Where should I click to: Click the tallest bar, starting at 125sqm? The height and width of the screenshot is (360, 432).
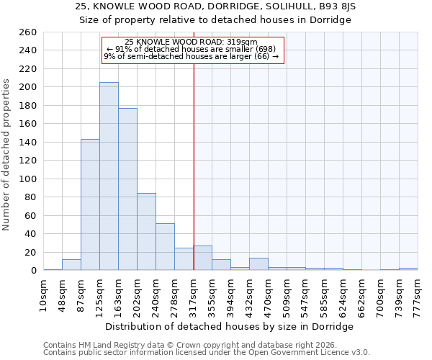coord(109,176)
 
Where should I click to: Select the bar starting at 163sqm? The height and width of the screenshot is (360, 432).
coord(127,189)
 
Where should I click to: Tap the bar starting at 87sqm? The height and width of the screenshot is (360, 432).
coord(90,204)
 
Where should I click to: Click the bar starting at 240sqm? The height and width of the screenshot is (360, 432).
coord(165,247)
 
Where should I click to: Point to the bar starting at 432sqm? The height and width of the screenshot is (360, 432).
coord(258,264)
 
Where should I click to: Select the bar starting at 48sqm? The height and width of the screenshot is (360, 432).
coord(71,265)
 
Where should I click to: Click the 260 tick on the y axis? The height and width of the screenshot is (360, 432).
coord(28,32)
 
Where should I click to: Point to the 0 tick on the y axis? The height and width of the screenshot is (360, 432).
coord(34,271)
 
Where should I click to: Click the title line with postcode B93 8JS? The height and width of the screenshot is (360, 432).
coord(215,6)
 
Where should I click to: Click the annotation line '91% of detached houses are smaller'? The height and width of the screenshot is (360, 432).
coord(191,49)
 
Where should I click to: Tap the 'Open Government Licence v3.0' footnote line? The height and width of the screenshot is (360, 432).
coord(207,352)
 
